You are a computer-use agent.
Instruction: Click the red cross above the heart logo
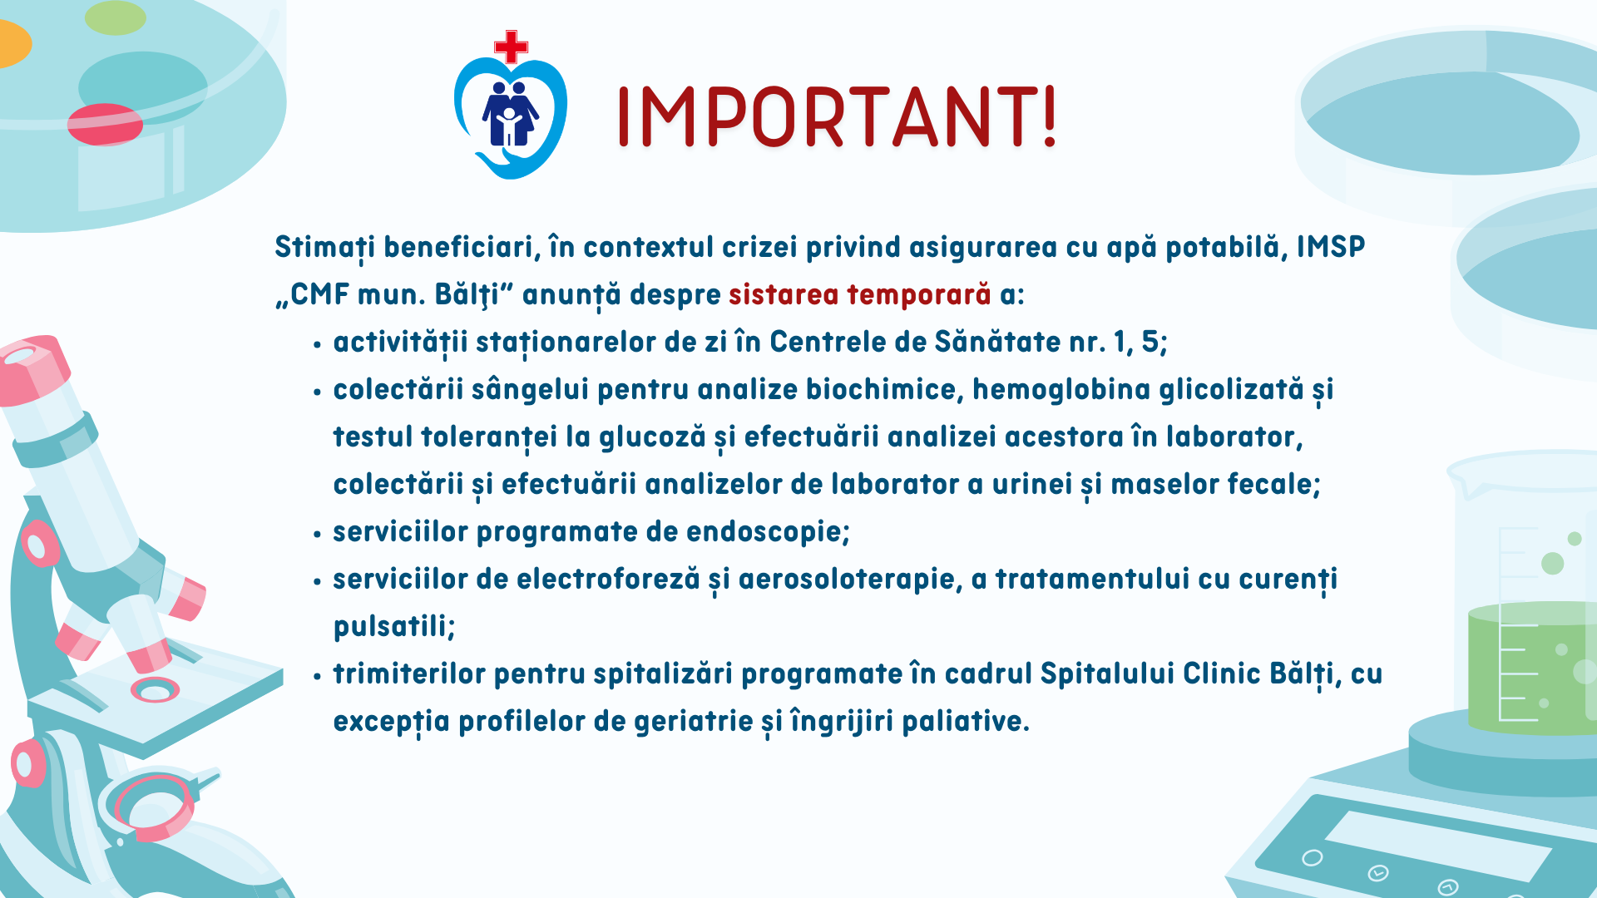511,47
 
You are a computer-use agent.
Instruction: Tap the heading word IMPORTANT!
837,116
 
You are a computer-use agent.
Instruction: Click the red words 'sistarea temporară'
859,294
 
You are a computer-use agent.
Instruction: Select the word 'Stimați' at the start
324,248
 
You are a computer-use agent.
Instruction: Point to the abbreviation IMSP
1331,247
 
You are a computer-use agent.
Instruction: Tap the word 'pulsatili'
394,627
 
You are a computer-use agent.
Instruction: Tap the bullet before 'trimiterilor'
317,677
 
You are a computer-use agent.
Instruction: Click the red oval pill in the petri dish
105,124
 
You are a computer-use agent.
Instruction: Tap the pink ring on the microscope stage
156,689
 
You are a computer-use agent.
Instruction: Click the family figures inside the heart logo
510,114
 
